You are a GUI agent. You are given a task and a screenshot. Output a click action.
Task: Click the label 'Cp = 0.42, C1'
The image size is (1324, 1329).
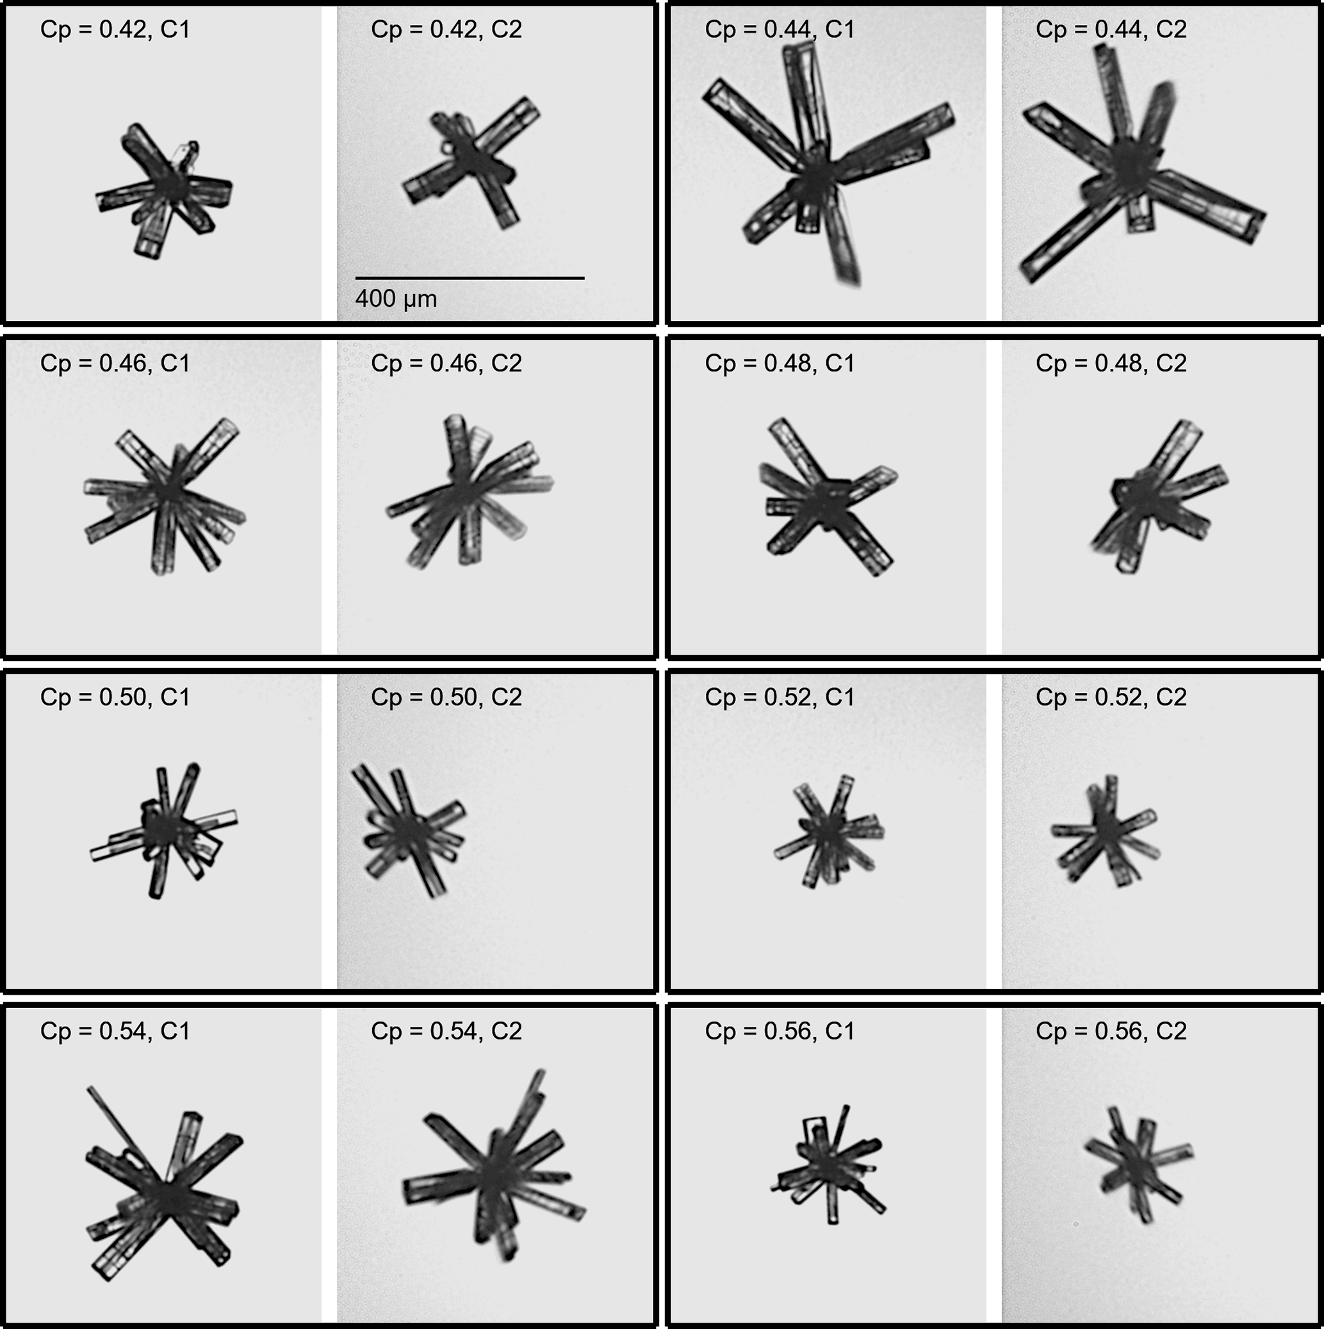tap(115, 29)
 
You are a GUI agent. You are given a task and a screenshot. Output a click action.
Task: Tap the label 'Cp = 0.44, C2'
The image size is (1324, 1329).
tap(1111, 29)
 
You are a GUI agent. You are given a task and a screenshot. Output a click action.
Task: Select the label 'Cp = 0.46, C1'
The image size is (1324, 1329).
tap(115, 363)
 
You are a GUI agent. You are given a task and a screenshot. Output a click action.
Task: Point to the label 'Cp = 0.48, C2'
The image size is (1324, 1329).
tap(1111, 363)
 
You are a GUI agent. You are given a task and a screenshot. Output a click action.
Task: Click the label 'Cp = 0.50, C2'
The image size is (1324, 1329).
tap(446, 697)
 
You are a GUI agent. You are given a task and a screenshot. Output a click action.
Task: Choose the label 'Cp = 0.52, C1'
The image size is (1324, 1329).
tap(780, 697)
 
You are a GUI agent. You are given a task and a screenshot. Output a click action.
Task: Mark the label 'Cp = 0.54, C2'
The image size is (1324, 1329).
tap(446, 1031)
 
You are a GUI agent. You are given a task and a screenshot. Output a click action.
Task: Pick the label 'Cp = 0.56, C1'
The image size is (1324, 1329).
tap(780, 1031)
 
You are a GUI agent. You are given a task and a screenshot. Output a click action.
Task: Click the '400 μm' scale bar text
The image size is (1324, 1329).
tap(396, 298)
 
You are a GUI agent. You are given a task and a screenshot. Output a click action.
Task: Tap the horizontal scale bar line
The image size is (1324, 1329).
tap(470, 278)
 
